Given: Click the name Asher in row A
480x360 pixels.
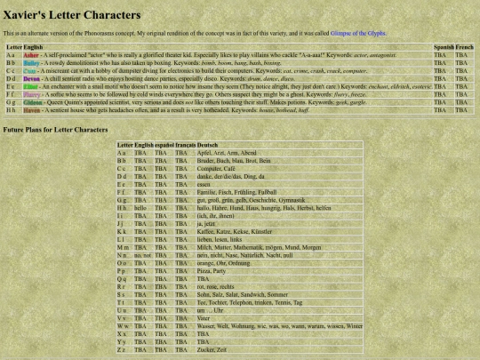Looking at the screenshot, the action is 31,55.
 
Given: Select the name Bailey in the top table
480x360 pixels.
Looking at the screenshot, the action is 31,64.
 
